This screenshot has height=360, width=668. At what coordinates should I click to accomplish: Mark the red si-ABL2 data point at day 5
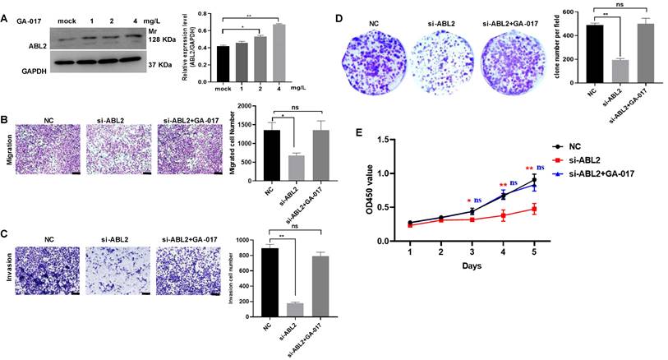pyautogui.click(x=534, y=210)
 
